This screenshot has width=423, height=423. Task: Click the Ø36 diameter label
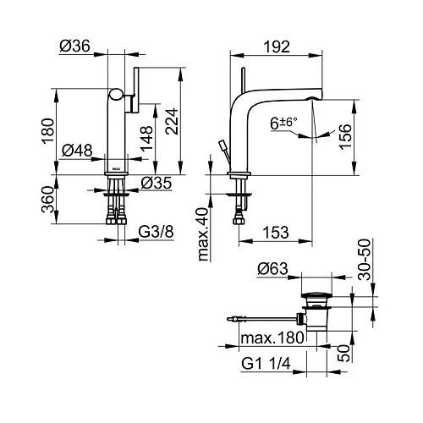tap(74, 46)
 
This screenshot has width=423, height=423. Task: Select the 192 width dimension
tap(277, 47)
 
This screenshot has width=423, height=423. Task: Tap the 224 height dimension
tap(172, 121)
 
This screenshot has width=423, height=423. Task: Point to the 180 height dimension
tap(48, 131)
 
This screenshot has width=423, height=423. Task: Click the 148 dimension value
tap(147, 139)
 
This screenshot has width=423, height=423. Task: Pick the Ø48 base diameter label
tap(77, 151)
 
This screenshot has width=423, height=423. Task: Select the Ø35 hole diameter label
tap(157, 183)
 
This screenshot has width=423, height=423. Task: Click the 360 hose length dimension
tap(47, 200)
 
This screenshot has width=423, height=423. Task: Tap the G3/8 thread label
tap(156, 232)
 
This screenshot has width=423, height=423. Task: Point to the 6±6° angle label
tap(283, 124)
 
